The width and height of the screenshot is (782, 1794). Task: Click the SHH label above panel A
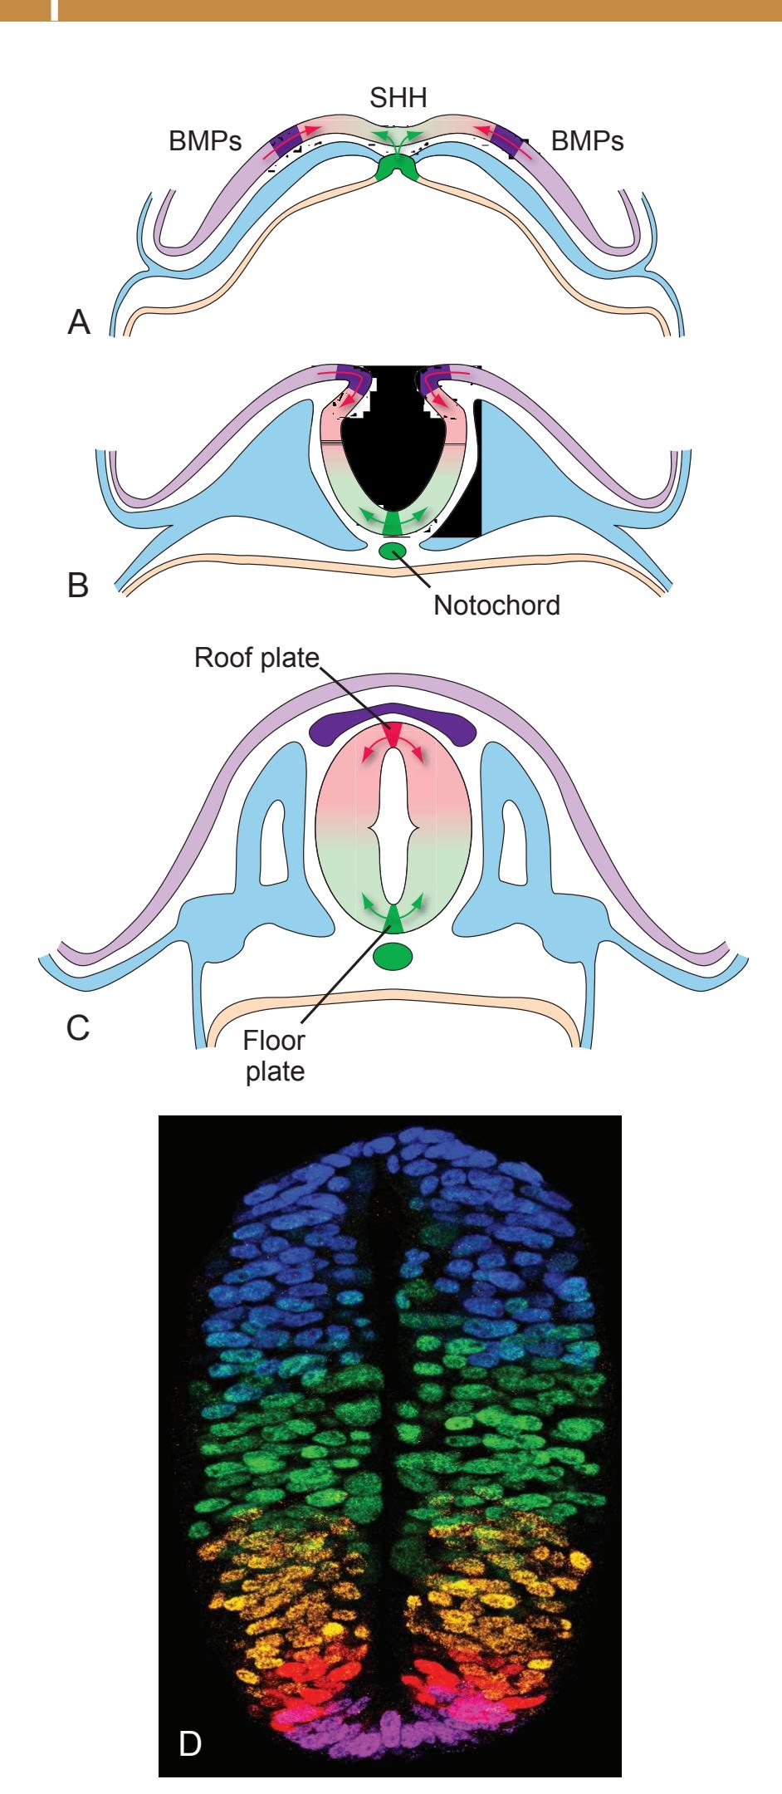point(398,100)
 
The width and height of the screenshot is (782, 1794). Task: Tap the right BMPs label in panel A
point(588,141)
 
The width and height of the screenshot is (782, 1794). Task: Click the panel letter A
point(79,322)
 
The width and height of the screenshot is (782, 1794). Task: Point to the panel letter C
point(78,1027)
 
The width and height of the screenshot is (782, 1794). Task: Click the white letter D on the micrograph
point(190,1739)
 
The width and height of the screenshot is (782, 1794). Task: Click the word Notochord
point(496,605)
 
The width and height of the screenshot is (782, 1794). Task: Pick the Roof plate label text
point(257,659)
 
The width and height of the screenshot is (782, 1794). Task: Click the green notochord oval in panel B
point(393,550)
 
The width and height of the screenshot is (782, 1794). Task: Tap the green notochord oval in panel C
point(393,957)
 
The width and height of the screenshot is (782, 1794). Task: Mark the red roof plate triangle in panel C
point(393,734)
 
